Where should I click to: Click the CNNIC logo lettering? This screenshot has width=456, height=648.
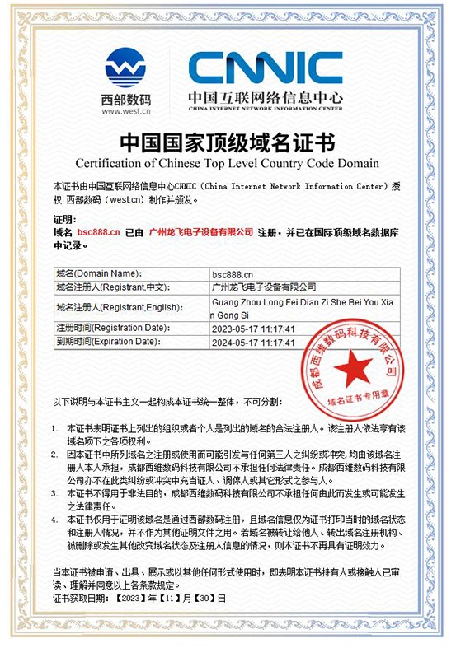pos(264,68)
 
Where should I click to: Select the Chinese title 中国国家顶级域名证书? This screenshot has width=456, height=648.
pos(228,142)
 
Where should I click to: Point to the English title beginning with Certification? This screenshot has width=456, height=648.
pos(228,162)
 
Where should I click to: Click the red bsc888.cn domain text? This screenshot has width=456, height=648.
pos(99,233)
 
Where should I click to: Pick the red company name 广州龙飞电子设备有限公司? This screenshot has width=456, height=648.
pos(201,233)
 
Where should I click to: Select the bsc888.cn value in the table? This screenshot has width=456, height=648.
pos(233,273)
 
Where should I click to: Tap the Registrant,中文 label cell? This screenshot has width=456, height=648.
pos(111,287)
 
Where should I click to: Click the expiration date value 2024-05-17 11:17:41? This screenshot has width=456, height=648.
pos(253,342)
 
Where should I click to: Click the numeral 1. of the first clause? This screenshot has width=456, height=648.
pos(55,428)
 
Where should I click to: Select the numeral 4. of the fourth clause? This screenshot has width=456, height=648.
pos(55,520)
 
